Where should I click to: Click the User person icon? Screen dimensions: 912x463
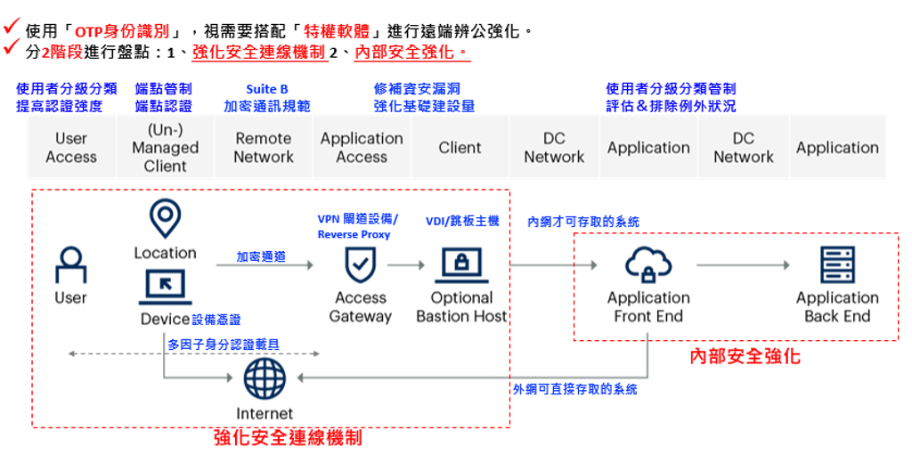[71, 265]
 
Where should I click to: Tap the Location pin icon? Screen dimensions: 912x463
[165, 218]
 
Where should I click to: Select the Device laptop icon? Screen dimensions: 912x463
[165, 287]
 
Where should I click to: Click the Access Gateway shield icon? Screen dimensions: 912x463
[360, 264]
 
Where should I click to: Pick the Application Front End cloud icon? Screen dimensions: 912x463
[648, 264]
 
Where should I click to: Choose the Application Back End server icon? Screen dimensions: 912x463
[837, 264]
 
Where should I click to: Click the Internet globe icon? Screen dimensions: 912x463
[265, 378]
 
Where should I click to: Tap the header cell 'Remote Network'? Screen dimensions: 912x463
[264, 147]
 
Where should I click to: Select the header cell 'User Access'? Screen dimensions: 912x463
[71, 147]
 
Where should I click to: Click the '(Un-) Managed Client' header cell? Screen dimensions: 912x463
[165, 147]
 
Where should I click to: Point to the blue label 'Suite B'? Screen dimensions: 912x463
[267, 89]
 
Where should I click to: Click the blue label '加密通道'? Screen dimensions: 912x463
[261, 256]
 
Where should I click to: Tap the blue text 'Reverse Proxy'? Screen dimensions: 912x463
[354, 234]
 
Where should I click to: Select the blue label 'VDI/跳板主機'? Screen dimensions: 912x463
[462, 221]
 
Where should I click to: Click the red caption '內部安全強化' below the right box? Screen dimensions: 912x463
[745, 356]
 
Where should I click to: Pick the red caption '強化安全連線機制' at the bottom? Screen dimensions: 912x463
[289, 437]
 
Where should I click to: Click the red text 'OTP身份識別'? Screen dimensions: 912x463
[122, 31]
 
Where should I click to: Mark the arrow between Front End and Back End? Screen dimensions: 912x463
[743, 265]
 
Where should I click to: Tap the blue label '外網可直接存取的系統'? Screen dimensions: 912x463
[574, 389]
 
